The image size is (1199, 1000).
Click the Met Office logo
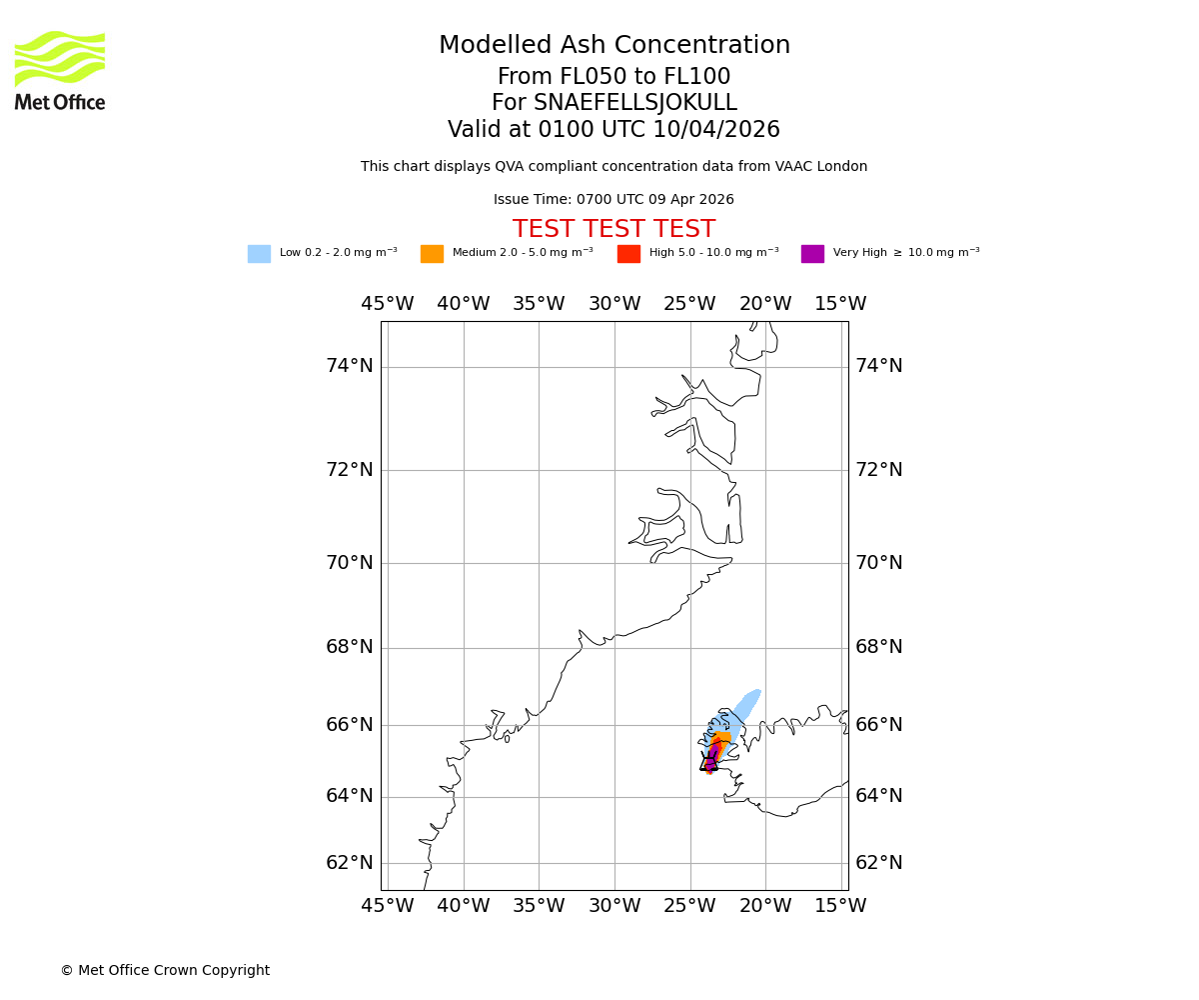coord(60,70)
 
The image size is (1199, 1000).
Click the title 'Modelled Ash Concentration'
coord(614,45)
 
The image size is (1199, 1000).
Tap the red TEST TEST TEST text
coord(613,229)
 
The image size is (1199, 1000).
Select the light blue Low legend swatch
coord(259,254)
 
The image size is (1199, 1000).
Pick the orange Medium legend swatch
coord(432,254)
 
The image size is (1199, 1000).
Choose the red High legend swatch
coord(628,254)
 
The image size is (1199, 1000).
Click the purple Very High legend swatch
coord(812,254)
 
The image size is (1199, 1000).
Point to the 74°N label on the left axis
coord(350,366)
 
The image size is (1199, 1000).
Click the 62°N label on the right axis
coord(879,862)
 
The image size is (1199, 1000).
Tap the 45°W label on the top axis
coord(388,304)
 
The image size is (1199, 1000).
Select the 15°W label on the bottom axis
coord(840,906)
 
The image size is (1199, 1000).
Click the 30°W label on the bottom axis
coord(614,906)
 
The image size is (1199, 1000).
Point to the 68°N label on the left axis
coord(350,647)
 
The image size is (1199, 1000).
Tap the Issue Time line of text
coord(613,200)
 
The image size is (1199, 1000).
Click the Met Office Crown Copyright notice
coord(165,970)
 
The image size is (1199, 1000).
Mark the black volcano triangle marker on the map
coord(709,762)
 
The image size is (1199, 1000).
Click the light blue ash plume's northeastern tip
coord(755,692)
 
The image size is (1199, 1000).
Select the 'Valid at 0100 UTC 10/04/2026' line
coord(613,130)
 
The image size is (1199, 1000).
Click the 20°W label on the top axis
coord(765,304)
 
